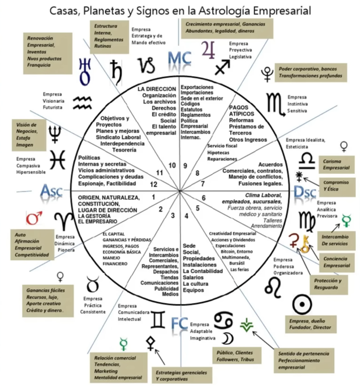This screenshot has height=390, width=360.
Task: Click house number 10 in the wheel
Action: [x=172, y=165]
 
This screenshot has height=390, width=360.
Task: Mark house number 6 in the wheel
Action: [x=204, y=198]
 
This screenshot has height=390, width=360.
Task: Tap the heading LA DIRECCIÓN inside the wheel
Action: [x=157, y=89]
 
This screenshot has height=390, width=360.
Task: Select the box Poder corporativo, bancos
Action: [x=310, y=72]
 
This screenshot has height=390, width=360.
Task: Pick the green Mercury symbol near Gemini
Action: [x=123, y=342]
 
